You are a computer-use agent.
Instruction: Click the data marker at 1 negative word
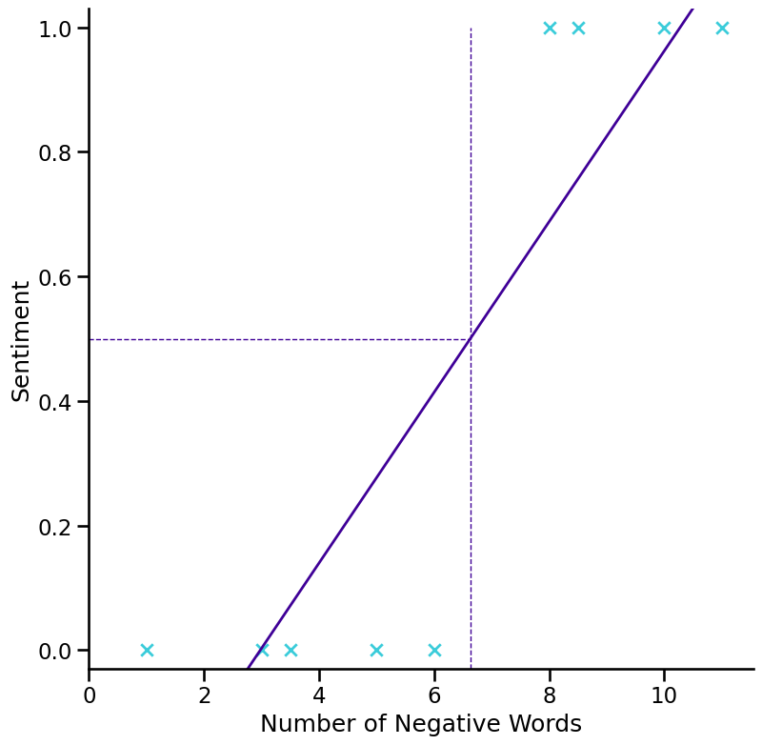click(147, 651)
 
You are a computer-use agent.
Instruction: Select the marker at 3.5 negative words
click(291, 651)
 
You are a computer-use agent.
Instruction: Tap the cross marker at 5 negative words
click(376, 651)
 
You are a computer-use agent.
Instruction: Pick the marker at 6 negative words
click(434, 651)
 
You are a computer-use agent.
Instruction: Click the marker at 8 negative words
click(550, 28)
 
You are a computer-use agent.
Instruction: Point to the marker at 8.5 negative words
click(578, 28)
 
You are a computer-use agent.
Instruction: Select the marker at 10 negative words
click(664, 28)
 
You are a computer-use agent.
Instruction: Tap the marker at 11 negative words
click(722, 28)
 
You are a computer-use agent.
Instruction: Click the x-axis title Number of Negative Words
click(420, 724)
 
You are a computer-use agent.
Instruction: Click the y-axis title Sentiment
click(21, 340)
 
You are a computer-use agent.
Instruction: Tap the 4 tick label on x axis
click(319, 695)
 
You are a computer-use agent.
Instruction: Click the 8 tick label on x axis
click(550, 695)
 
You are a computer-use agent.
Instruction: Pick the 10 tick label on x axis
click(664, 695)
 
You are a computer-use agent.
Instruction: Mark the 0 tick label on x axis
click(90, 695)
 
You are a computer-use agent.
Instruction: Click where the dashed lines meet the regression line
click(471, 339)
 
